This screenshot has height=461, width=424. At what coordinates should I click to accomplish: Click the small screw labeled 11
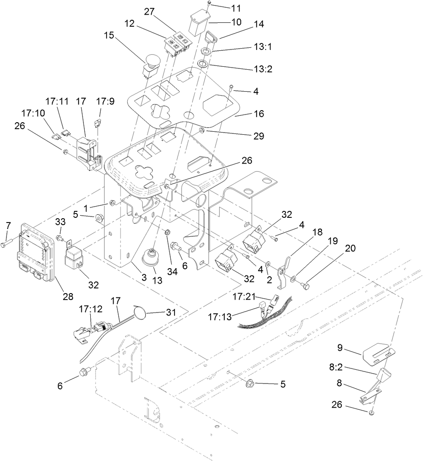click(209, 3)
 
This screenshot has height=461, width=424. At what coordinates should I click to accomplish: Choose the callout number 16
click(258, 114)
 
